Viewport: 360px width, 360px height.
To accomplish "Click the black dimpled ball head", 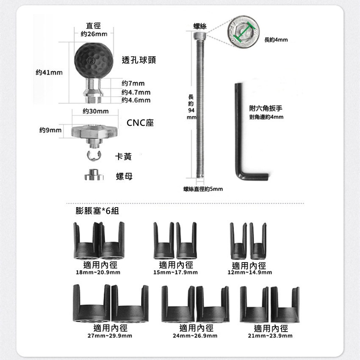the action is (94, 61).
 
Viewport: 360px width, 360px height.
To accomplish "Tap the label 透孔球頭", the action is (139, 60).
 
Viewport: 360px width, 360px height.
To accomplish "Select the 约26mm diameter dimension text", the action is (94, 34).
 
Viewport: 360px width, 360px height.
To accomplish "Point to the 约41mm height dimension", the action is (49, 72).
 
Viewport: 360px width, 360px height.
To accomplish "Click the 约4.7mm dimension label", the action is (136, 92).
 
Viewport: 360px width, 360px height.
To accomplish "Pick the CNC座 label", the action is (140, 123).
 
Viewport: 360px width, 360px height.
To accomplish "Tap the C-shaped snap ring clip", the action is (94, 156).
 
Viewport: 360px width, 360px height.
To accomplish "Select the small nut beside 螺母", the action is (94, 175).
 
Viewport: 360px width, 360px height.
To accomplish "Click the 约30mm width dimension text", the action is (96, 111).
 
